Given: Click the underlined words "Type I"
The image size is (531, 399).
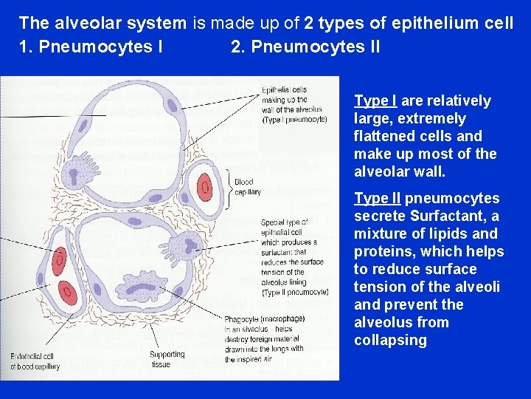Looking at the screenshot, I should (x=376, y=101).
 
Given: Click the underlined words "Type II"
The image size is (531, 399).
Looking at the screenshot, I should (x=378, y=199).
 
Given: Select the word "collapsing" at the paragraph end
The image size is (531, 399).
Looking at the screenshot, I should (x=390, y=341).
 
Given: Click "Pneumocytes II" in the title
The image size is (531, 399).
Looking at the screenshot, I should (x=305, y=47).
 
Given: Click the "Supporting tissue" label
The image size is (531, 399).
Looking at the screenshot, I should (x=167, y=359).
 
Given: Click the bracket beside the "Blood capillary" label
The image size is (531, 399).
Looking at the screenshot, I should (x=229, y=186).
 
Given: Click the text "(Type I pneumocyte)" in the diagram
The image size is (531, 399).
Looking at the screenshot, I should (x=294, y=119).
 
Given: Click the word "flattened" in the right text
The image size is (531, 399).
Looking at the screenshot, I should (x=383, y=137).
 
